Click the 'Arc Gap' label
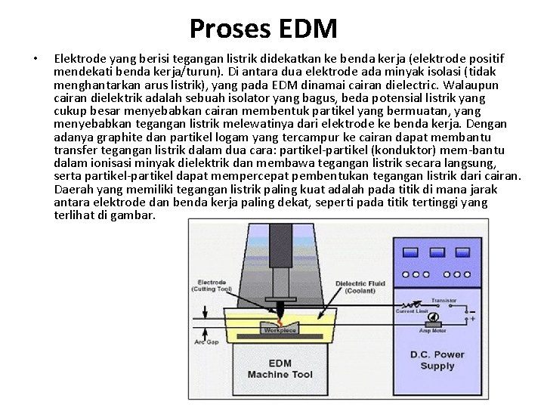(x=205, y=342)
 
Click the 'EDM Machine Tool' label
(x=280, y=370)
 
